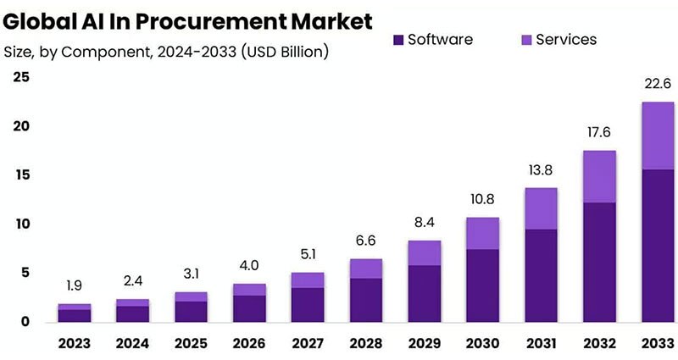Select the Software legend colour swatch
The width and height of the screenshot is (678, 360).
point(397,40)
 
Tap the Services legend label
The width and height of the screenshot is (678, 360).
point(567,40)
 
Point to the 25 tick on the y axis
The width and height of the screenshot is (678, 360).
point(20,78)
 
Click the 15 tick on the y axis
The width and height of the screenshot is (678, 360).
point(20,175)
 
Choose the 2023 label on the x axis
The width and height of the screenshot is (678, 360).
point(75,345)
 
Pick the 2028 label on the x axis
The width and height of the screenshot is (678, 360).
point(367,345)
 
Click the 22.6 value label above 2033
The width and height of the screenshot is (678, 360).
point(657,83)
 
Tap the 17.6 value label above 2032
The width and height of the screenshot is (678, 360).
point(598,132)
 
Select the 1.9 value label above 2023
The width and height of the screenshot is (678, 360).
point(75,285)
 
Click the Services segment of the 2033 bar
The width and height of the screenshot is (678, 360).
point(657,136)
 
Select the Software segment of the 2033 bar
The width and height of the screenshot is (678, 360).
point(657,246)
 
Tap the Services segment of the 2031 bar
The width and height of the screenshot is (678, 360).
point(540,208)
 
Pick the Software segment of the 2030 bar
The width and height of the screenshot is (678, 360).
point(482,285)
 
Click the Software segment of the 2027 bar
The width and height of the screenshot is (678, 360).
point(308,305)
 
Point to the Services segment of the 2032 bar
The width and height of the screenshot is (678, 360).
point(598,176)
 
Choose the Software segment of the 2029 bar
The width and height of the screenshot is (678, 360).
point(424,293)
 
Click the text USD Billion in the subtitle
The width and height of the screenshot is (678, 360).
point(285,53)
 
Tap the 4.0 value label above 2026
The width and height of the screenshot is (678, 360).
point(249,265)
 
